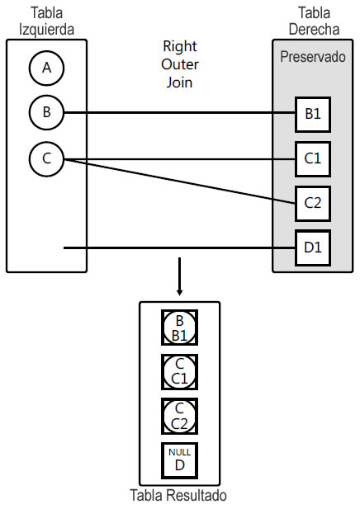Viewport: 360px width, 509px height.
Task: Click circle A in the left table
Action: point(46,68)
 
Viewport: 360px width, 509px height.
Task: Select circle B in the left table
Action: point(46,113)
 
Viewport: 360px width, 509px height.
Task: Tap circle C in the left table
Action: point(46,159)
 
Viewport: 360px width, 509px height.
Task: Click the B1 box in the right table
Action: point(313,114)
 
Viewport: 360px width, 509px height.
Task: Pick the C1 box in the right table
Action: point(313,158)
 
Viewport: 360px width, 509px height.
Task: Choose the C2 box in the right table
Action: point(313,202)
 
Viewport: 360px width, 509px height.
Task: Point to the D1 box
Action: point(313,247)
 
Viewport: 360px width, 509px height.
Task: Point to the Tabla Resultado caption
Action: point(178,496)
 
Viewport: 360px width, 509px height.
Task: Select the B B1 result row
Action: point(179,328)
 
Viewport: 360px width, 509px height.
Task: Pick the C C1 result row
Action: point(179,371)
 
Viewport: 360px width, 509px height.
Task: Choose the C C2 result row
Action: point(179,416)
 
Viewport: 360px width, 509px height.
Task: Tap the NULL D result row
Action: point(179,460)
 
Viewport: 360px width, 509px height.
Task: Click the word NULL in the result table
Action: point(179,453)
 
